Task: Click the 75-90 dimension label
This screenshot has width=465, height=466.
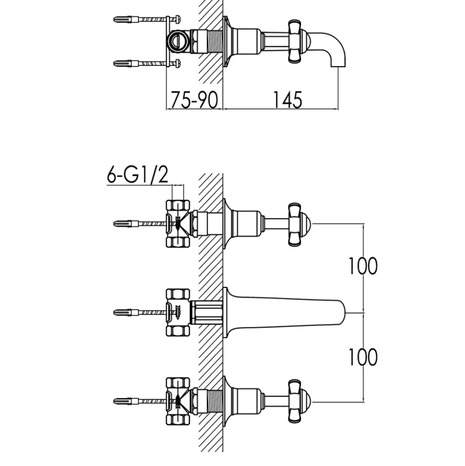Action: click(194, 100)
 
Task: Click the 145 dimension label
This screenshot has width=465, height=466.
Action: click(288, 100)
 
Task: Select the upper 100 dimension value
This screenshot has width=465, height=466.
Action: click(363, 266)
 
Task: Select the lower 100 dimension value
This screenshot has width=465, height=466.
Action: click(363, 357)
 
